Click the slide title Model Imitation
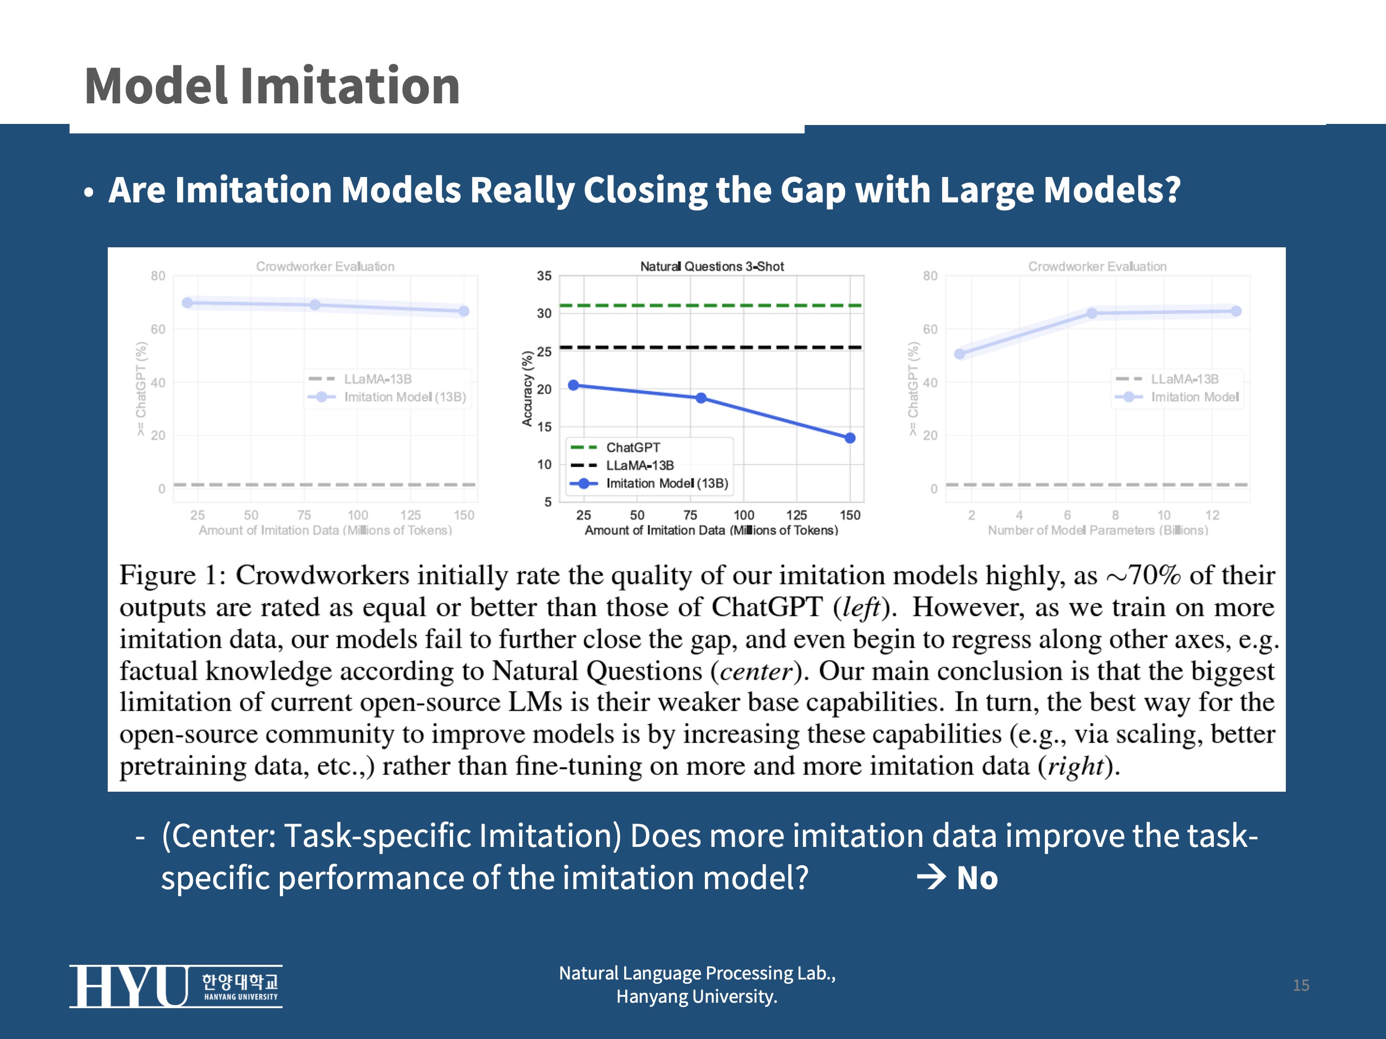coord(272,86)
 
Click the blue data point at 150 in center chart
coord(849,438)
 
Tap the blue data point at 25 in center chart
coord(573,385)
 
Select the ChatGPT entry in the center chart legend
coord(632,447)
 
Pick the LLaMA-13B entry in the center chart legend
coord(639,465)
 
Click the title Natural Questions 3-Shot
coord(711,266)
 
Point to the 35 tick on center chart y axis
coord(544,275)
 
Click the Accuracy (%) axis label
coord(527,389)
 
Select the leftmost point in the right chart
coord(959,354)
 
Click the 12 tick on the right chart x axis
coord(1212,515)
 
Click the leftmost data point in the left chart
coord(187,303)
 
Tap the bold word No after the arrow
coord(977,878)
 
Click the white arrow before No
coord(931,877)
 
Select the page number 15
coord(1301,985)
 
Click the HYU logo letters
coord(128,987)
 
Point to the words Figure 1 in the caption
coord(167,575)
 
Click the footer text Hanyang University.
coord(696,996)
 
